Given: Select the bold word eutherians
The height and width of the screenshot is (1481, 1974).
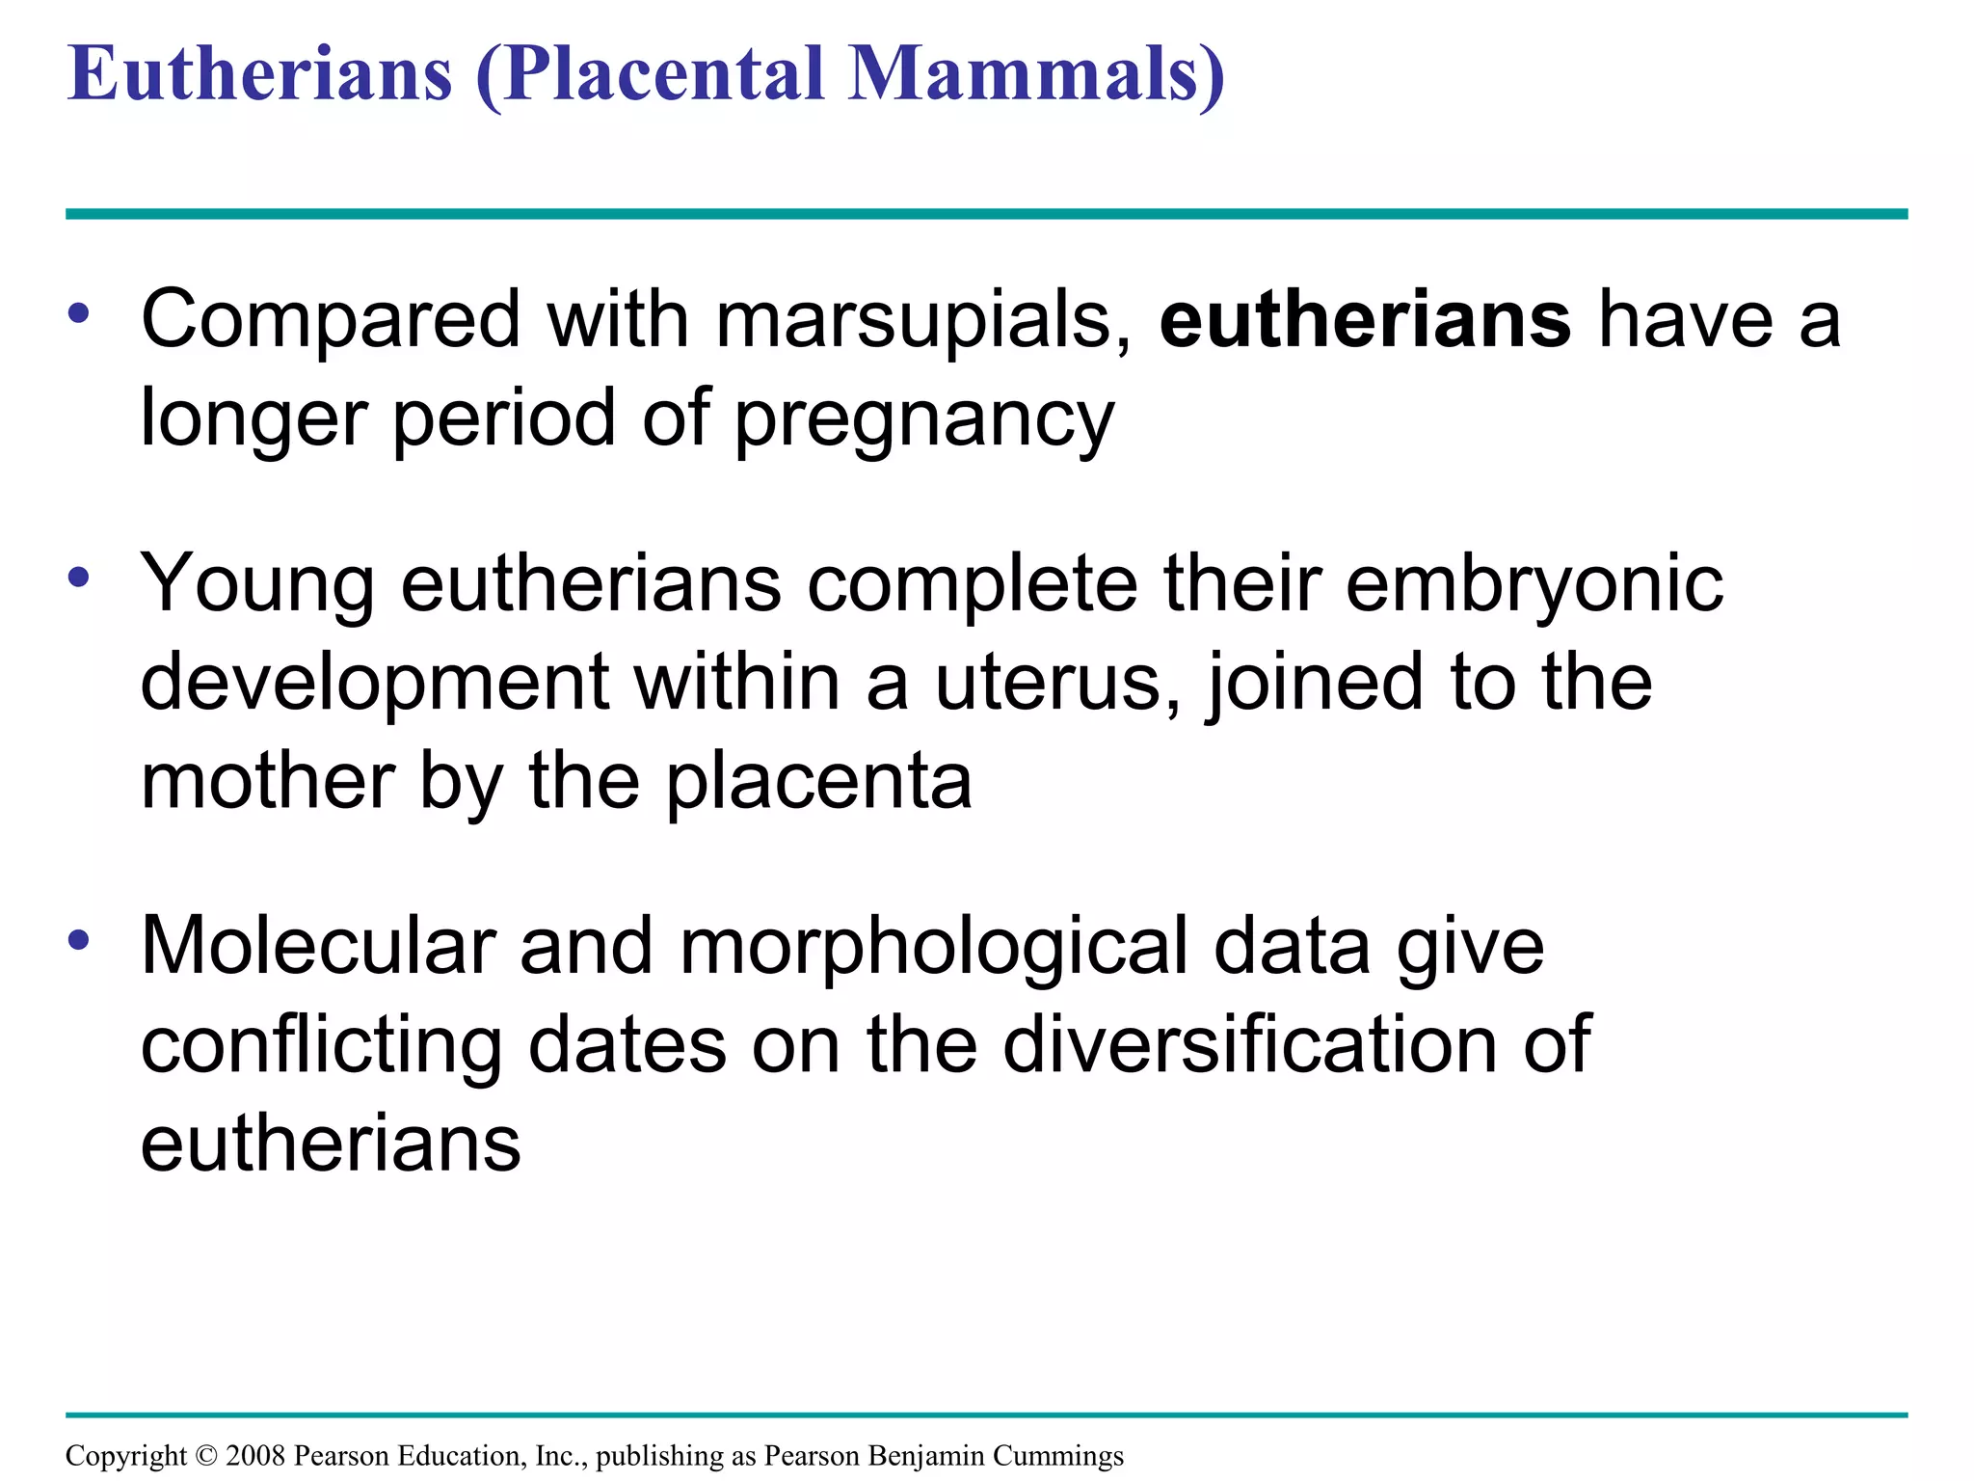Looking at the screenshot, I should pos(1365,320).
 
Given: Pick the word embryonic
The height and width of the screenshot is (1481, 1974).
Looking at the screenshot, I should pos(1534,585).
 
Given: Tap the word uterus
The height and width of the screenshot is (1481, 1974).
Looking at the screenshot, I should pos(1056,683).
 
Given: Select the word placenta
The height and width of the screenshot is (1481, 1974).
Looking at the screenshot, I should pos(818,782).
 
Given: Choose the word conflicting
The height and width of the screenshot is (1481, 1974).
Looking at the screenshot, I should pos(321,1046).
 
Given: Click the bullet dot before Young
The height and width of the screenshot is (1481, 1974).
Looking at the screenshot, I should pos(79,578).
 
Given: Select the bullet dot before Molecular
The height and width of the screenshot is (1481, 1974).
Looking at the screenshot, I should pos(79,939).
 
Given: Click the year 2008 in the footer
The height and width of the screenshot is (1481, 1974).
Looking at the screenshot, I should pos(255,1455).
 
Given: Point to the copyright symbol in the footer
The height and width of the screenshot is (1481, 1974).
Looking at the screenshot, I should pos(206,1455).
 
